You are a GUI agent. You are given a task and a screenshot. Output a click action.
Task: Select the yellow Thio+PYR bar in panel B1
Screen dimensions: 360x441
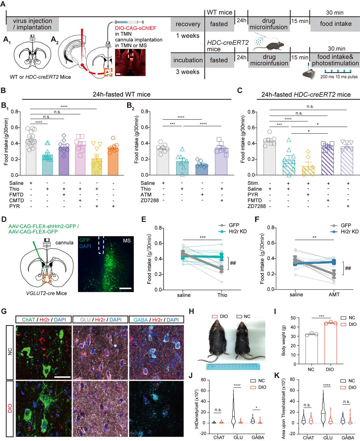tap(97, 167)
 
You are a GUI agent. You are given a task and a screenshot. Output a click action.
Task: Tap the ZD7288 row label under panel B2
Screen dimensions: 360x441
tap(150, 200)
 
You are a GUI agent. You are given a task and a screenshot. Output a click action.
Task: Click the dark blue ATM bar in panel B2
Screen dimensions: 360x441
tap(202, 170)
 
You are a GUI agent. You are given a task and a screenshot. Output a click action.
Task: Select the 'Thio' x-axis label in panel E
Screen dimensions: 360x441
tap(222, 295)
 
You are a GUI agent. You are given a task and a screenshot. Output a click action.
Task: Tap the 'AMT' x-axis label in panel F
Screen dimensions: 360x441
tap(334, 295)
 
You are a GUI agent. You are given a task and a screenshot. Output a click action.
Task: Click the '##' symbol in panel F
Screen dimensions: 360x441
tap(348, 268)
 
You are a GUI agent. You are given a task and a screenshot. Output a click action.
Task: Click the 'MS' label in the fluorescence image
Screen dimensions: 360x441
tap(127, 241)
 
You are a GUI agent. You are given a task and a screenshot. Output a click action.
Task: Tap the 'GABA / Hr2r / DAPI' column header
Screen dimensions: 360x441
tap(156, 320)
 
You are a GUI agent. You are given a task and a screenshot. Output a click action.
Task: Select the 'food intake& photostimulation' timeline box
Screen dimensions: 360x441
tap(335, 60)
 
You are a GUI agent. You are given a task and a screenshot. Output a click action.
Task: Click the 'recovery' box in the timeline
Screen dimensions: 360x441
tap(188, 24)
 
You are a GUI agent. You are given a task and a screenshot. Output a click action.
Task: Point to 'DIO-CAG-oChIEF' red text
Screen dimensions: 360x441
tap(135, 28)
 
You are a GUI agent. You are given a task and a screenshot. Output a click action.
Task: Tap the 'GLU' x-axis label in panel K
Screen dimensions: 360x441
tap(328, 438)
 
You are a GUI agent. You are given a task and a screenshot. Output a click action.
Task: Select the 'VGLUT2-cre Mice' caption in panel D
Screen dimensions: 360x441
tap(47, 293)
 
